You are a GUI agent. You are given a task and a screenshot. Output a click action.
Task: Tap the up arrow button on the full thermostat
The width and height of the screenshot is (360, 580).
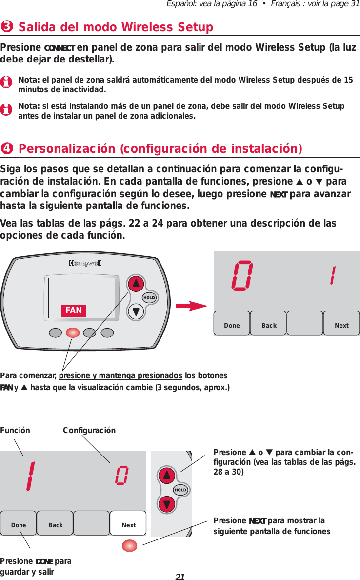(136, 284)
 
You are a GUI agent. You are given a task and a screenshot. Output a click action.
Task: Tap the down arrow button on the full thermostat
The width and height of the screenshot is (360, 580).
(136, 311)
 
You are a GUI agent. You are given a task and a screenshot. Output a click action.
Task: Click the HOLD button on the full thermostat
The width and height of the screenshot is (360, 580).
(149, 298)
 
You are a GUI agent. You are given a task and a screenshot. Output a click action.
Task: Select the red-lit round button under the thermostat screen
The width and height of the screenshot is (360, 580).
(73, 333)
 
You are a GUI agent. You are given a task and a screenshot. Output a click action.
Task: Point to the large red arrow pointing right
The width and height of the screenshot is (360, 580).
(192, 306)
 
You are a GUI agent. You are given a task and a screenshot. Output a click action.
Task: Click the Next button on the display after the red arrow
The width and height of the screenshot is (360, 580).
(341, 325)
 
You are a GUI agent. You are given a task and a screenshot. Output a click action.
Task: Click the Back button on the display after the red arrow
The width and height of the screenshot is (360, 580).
(268, 325)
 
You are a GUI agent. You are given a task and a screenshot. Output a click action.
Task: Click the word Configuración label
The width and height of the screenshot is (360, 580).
(89, 430)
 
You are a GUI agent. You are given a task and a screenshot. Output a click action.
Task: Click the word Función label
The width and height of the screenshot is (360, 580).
(15, 430)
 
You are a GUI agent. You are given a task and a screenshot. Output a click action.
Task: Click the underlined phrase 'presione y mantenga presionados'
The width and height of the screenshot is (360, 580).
(120, 375)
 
